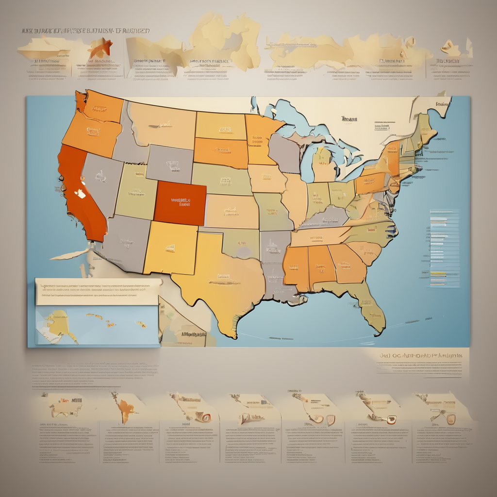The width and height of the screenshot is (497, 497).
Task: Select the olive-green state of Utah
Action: pos(136,192)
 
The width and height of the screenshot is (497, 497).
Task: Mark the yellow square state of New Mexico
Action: pos(170,248)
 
